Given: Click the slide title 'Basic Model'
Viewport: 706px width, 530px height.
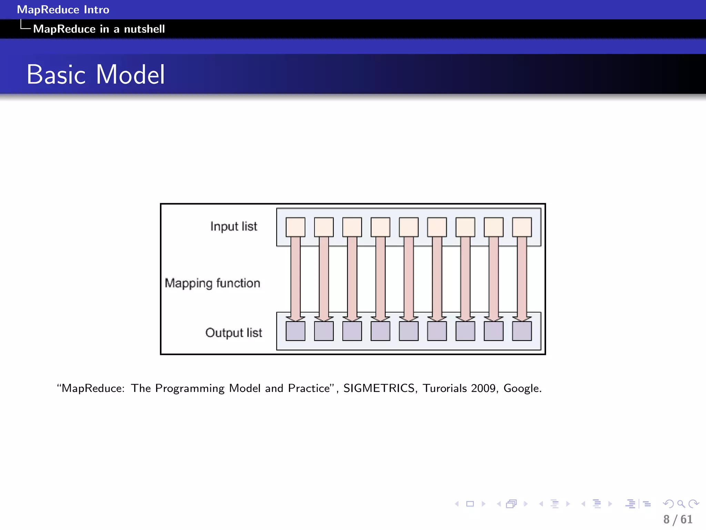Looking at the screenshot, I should click(96, 75).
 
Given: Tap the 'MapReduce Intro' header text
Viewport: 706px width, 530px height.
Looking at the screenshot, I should click(63, 10).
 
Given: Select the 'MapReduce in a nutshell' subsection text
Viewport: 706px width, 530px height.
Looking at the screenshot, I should click(99, 29).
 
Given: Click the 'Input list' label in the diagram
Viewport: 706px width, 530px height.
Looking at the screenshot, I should click(234, 226).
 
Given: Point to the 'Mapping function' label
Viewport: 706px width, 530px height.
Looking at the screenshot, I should click(212, 283).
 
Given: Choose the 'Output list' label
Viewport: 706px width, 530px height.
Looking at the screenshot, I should click(234, 333).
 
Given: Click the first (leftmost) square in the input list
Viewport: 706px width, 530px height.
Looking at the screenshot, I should click(295, 227).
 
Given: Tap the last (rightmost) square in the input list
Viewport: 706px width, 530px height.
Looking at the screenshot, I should click(522, 227).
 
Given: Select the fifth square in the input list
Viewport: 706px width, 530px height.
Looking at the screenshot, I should click(409, 227).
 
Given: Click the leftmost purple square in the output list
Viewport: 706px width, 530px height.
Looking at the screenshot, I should click(295, 331).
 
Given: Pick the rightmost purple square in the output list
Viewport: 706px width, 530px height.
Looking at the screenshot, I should click(522, 331).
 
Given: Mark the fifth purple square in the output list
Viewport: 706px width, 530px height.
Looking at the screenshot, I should click(409, 331).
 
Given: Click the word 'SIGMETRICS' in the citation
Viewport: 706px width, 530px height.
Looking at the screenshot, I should click(379, 388).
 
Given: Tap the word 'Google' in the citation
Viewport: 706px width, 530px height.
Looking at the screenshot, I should click(522, 389).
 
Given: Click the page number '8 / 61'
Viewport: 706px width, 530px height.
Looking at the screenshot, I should click(678, 519).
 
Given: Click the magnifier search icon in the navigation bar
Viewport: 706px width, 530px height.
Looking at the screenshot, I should click(681, 504).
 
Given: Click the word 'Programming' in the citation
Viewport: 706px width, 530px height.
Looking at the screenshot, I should click(190, 389).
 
